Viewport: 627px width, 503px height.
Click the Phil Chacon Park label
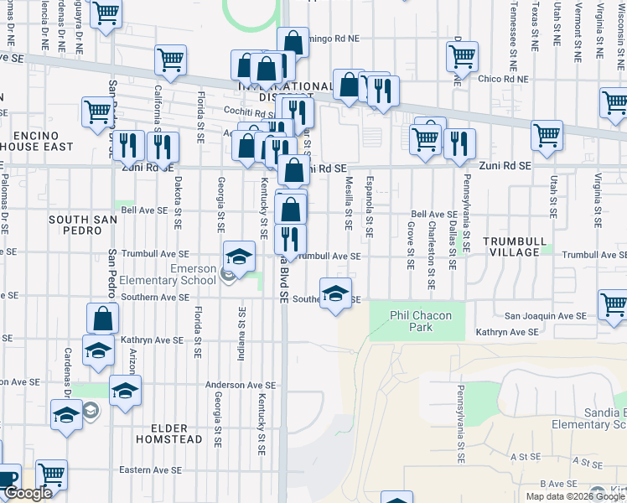pyautogui.click(x=421, y=321)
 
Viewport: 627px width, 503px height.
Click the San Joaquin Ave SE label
pyautogui.click(x=544, y=316)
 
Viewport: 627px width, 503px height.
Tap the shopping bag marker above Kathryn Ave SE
pyautogui.click(x=102, y=319)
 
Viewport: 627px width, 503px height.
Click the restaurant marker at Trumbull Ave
pyautogui.click(x=290, y=240)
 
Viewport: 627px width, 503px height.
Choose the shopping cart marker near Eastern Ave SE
pyautogui.click(x=51, y=475)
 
